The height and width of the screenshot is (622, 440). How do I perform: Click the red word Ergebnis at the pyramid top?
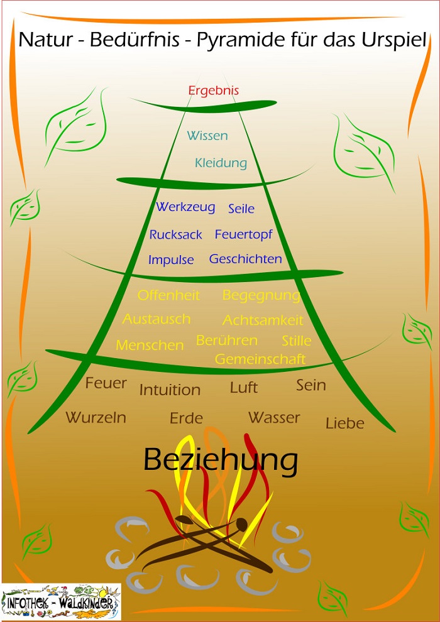[214, 90]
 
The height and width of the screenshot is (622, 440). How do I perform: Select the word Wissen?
[207, 136]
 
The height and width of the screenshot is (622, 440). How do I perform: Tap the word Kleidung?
[221, 163]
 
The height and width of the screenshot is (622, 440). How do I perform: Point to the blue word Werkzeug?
[185, 207]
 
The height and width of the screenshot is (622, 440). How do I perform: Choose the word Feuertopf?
[244, 234]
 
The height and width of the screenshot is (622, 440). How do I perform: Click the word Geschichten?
[246, 259]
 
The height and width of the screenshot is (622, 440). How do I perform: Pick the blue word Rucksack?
[176, 235]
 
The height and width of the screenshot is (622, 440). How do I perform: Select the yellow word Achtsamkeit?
[263, 320]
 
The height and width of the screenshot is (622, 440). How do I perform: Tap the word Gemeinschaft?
[260, 359]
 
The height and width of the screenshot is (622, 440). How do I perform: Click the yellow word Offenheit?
[168, 295]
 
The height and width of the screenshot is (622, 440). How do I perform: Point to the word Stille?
[297, 341]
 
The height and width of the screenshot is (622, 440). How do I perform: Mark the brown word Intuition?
[170, 390]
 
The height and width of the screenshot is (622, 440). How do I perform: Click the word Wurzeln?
[96, 418]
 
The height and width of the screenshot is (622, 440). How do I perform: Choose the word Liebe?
[345, 423]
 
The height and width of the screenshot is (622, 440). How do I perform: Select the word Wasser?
[274, 418]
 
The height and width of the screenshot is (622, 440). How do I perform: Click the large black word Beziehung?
[220, 461]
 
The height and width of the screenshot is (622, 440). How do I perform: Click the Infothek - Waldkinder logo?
[61, 603]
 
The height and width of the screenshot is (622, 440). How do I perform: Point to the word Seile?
[241, 209]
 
